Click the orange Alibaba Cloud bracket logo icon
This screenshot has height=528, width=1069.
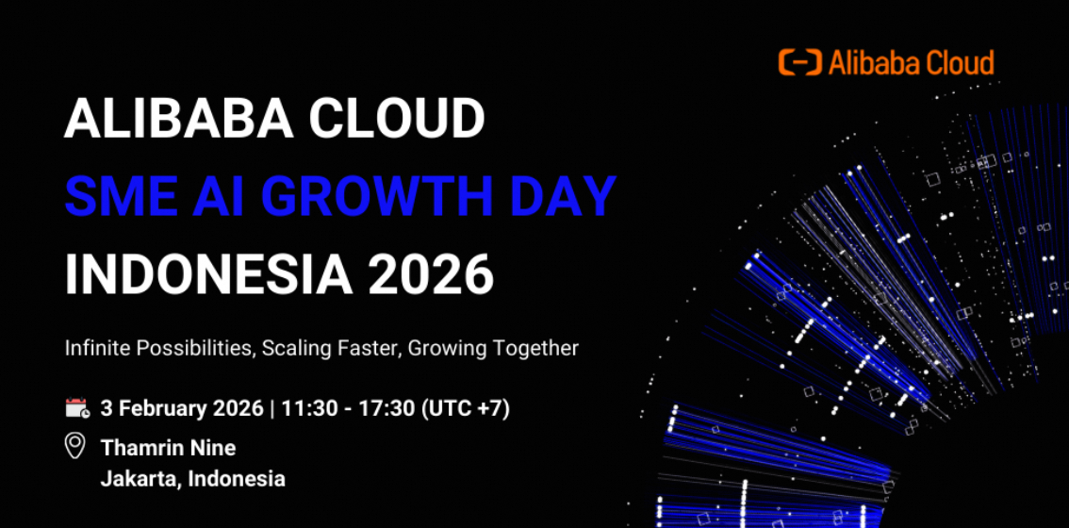point(800,62)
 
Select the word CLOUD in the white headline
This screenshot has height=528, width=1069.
point(397,119)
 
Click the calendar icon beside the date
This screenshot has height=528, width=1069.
point(77,408)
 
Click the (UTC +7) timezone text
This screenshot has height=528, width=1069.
point(465,409)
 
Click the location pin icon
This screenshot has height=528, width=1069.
point(75,446)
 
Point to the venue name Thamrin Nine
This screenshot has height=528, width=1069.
point(169,448)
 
